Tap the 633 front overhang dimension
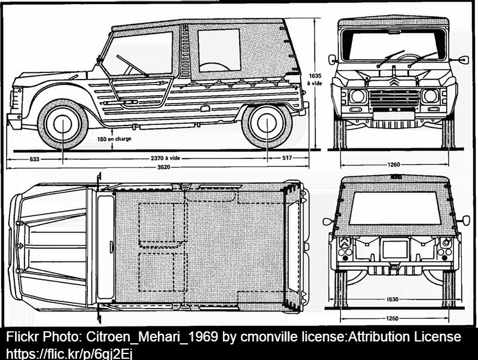[x=35, y=159]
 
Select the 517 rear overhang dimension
[x=287, y=158]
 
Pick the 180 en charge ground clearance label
[x=114, y=139]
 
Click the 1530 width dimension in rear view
[x=393, y=299]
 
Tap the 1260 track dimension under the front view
[x=394, y=164]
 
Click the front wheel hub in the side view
[x=63, y=124]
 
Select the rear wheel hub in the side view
[x=266, y=123]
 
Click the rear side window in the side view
[x=219, y=51]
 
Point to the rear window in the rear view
[x=395, y=208]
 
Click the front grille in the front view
[x=394, y=98]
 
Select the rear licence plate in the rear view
[x=395, y=249]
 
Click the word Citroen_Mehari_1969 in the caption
[x=152, y=337]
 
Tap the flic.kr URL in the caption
[x=69, y=354]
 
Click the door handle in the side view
[x=130, y=102]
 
